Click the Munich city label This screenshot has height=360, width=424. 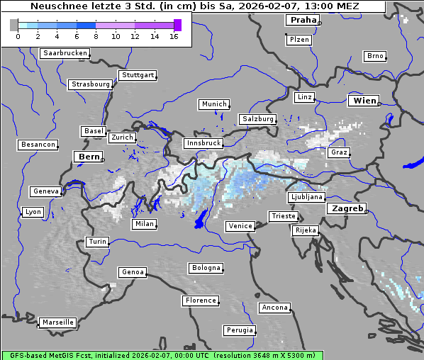(x=214, y=104)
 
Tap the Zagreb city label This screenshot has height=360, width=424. (x=347, y=208)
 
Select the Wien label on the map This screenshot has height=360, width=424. (x=364, y=101)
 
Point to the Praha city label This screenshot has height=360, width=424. (x=303, y=20)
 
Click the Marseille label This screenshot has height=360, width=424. (x=58, y=322)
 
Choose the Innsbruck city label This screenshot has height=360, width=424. (x=203, y=143)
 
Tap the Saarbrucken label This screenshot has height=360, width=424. (x=65, y=53)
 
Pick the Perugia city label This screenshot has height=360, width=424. (x=240, y=330)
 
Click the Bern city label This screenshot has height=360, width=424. (x=89, y=156)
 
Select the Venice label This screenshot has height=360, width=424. (x=240, y=226)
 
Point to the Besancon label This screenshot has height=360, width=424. (x=38, y=145)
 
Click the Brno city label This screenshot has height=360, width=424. (x=375, y=56)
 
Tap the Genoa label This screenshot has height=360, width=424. (x=133, y=272)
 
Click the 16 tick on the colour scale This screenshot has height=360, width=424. (x=174, y=36)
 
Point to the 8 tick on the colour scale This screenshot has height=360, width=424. (x=96, y=36)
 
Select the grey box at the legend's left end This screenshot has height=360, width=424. (x=14, y=25)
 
